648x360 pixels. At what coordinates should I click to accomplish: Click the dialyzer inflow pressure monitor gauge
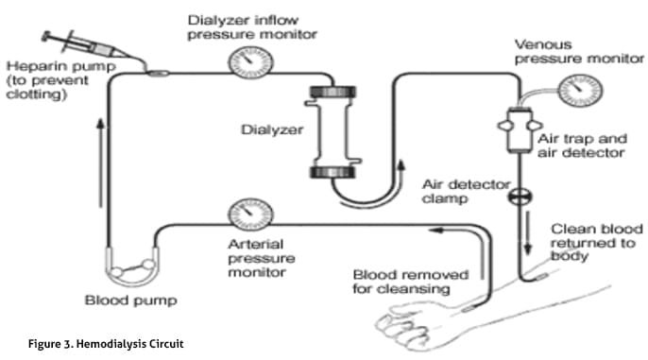click(x=250, y=62)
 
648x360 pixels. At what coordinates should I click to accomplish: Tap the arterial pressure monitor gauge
click(x=250, y=214)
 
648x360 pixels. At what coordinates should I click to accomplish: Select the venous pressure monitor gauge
click(x=580, y=91)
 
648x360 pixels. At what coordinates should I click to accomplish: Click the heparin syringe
click(x=86, y=45)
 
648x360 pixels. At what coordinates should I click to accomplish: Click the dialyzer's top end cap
click(x=333, y=92)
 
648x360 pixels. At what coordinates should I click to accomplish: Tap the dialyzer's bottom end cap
click(x=333, y=172)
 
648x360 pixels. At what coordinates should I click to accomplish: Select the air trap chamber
click(x=520, y=129)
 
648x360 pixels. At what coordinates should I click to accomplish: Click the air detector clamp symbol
click(x=520, y=197)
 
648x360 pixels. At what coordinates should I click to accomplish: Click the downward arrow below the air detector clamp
click(x=527, y=232)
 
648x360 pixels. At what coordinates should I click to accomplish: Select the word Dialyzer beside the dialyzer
click(x=272, y=129)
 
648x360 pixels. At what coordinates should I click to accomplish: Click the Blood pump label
click(x=131, y=300)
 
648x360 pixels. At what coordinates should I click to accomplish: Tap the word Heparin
click(x=33, y=66)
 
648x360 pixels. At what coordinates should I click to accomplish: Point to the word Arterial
click(x=255, y=244)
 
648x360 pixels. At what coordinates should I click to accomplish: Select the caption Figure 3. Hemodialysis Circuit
click(x=106, y=344)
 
